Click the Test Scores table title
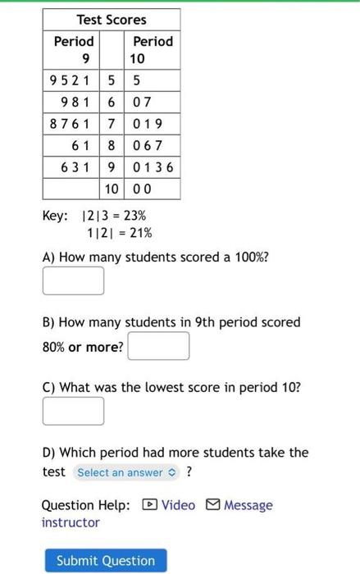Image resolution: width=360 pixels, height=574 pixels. (x=112, y=19)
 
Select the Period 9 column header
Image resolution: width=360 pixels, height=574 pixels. (x=74, y=49)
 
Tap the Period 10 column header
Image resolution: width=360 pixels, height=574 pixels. (x=153, y=49)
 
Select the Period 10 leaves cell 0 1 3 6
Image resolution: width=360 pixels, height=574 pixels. (x=153, y=167)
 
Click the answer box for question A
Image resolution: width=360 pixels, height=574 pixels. (x=73, y=280)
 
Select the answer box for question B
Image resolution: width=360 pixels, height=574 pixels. (x=158, y=347)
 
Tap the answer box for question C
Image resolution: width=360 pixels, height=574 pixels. (x=73, y=411)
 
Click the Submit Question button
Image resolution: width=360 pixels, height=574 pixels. (x=105, y=561)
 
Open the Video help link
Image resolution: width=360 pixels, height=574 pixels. (x=171, y=505)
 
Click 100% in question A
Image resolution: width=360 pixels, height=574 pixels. (x=249, y=257)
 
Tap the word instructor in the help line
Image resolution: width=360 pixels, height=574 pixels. (x=71, y=522)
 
